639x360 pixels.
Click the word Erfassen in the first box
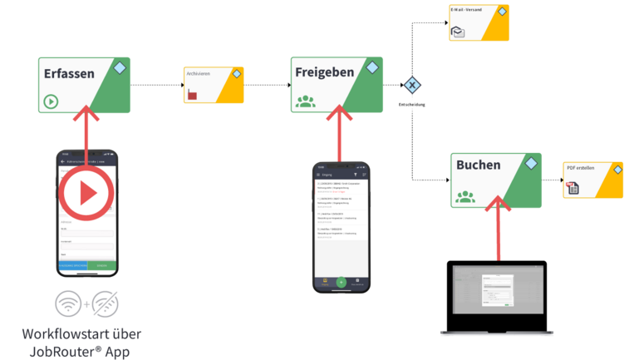pyautogui.click(x=69, y=73)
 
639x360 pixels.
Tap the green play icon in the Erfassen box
pyautogui.click(x=52, y=102)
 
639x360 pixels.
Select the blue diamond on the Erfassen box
pyautogui.click(x=120, y=67)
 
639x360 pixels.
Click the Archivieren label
pyautogui.click(x=198, y=73)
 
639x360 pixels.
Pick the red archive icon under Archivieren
pyautogui.click(x=193, y=95)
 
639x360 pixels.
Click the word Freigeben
pyautogui.click(x=324, y=72)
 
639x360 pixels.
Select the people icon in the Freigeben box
pyautogui.click(x=306, y=101)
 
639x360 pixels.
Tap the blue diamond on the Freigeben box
pyautogui.click(x=366, y=65)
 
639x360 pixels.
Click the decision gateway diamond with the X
pyautogui.click(x=412, y=85)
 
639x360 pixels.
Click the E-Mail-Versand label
pyautogui.click(x=465, y=10)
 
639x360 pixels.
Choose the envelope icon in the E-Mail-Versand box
pyautogui.click(x=458, y=32)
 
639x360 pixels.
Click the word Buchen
pyautogui.click(x=478, y=165)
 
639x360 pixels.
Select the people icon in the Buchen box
pyautogui.click(x=465, y=196)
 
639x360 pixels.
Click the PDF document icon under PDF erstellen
pyautogui.click(x=573, y=188)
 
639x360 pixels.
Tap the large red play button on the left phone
pyautogui.click(x=86, y=194)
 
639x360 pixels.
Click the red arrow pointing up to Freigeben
pyautogui.click(x=337, y=133)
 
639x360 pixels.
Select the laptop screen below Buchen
pyautogui.click(x=497, y=295)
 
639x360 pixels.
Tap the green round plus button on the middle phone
pyautogui.click(x=341, y=282)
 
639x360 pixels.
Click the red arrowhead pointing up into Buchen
pyautogui.click(x=496, y=203)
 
